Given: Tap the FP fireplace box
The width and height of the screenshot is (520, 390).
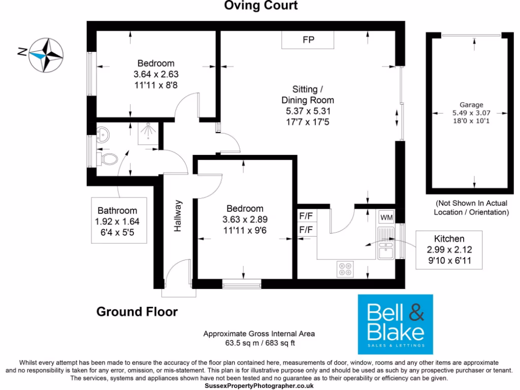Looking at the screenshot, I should tap(308, 40).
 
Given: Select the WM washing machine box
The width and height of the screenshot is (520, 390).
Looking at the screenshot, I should tap(386, 217).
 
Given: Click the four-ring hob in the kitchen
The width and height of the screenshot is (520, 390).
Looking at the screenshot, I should tap(346, 269).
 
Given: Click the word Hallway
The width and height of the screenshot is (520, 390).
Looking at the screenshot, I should tap(178, 216).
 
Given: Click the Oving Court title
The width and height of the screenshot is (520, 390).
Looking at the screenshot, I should tap(261, 6).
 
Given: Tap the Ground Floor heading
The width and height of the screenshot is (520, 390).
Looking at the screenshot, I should tap(137, 311).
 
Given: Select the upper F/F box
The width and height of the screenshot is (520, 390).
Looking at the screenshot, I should tap(306, 216).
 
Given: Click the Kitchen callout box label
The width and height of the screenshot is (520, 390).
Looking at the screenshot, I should tap(448, 238).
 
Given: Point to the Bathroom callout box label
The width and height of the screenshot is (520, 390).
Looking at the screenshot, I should tap(117, 211).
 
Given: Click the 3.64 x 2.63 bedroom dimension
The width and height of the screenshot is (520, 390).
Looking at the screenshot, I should tap(156, 74).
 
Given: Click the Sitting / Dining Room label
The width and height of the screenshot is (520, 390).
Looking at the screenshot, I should tap(308, 95).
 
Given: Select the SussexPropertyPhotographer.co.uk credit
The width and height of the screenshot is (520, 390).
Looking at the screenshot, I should tap(259, 386).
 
